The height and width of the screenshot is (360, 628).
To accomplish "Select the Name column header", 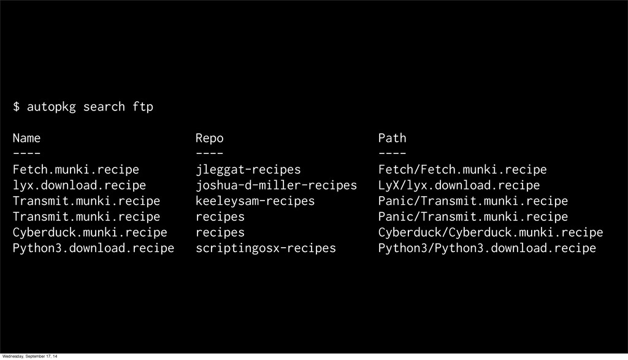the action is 27,138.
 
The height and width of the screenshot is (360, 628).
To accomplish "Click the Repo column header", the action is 210,138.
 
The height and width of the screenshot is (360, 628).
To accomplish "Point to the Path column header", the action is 392,138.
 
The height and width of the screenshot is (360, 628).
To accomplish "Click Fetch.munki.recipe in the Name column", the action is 76,169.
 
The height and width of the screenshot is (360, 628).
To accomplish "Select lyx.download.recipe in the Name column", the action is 80,185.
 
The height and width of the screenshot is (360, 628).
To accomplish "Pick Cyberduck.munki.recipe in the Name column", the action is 90,232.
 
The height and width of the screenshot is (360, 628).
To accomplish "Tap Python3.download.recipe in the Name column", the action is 93,248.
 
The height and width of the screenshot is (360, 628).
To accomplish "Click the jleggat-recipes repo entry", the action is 248,169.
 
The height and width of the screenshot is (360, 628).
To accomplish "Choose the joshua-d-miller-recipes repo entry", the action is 276,185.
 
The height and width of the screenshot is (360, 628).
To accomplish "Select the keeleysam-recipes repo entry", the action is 255,201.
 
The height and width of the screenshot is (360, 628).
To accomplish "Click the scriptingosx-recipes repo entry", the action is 266,248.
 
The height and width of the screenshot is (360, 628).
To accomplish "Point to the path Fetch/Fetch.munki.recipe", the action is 462,169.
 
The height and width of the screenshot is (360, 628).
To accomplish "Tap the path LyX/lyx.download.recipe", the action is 459,185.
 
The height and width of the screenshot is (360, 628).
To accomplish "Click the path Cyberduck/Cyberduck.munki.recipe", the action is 490,232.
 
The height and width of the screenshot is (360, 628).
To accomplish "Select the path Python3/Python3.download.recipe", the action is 487,248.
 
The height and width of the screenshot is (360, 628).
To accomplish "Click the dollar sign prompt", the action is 17,107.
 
